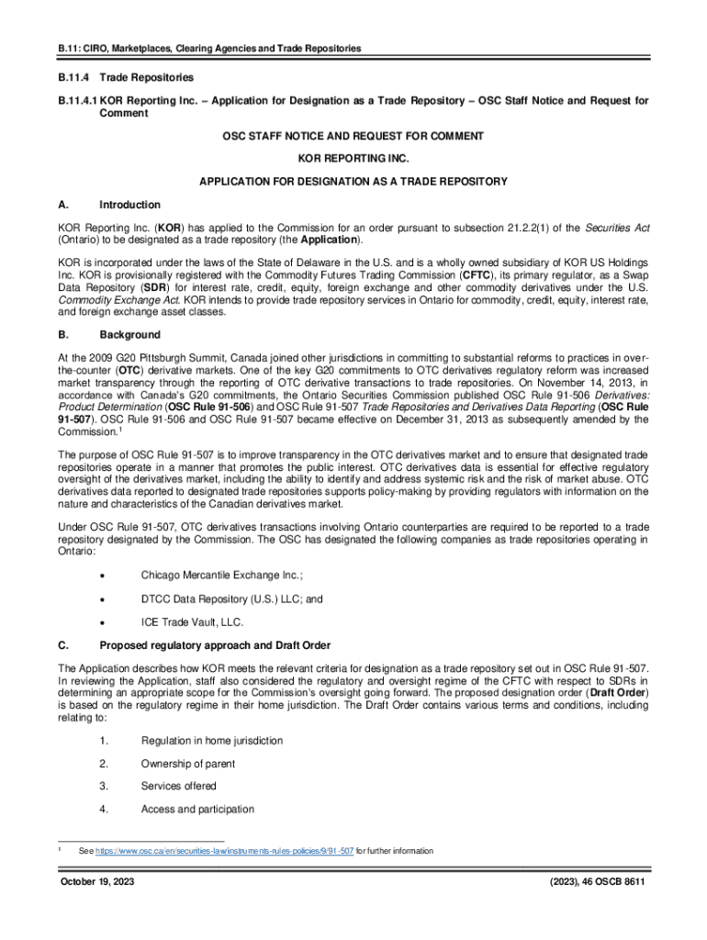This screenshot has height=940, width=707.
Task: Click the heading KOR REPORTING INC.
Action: point(353,159)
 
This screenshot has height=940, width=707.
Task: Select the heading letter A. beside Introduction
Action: point(64,205)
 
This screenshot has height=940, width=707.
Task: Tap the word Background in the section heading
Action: point(129,335)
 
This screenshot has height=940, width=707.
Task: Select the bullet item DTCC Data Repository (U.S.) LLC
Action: point(231,599)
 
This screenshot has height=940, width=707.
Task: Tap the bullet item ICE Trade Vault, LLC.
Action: point(192,621)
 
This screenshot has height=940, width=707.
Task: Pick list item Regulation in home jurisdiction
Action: point(211,741)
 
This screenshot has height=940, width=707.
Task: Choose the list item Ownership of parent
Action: point(187,764)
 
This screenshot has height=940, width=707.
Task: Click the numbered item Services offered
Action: point(178,786)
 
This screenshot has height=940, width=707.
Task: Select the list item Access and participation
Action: point(197,809)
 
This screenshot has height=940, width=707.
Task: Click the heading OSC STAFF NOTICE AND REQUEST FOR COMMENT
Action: point(353,136)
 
